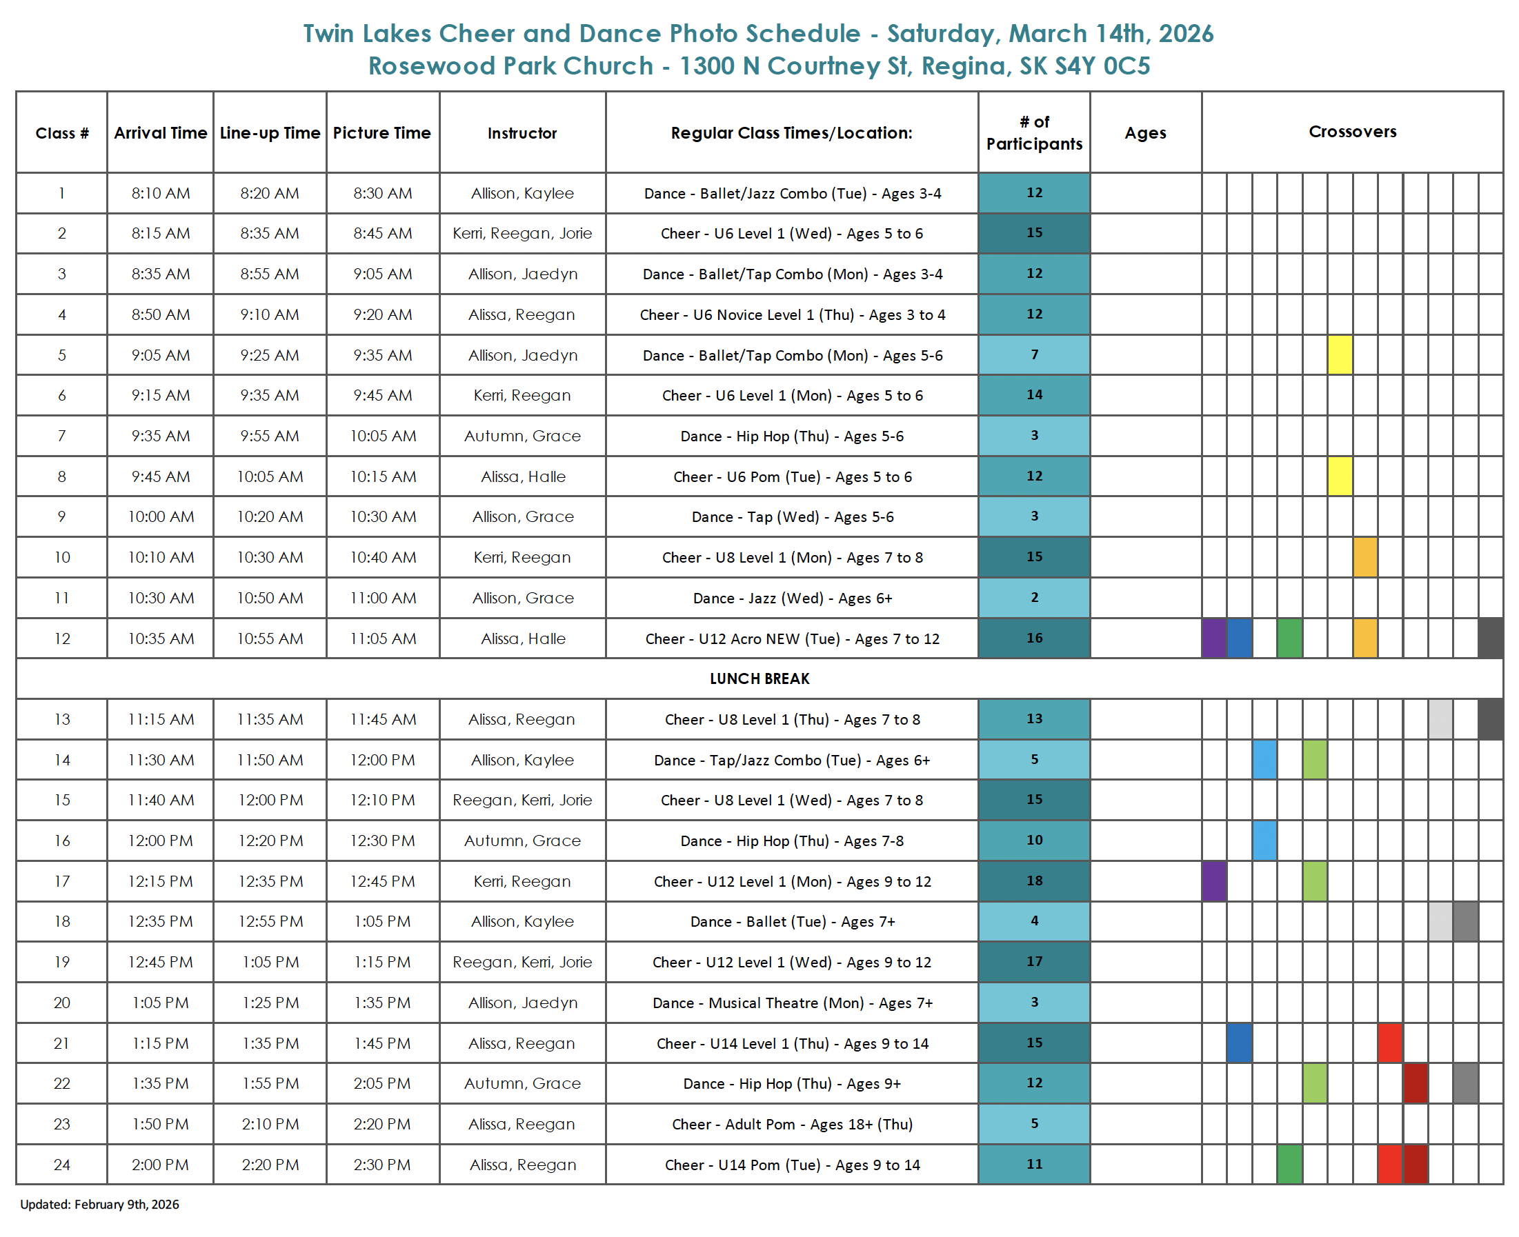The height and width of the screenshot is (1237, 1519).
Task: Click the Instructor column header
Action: click(x=522, y=133)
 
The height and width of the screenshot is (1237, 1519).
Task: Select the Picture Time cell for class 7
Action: click(x=383, y=436)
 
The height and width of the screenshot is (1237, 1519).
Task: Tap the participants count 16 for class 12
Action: click(x=1033, y=638)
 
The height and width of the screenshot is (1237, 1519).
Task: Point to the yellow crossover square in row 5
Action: click(x=1340, y=355)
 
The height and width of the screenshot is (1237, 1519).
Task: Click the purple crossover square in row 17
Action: click(x=1214, y=881)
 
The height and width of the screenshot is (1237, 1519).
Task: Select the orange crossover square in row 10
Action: click(x=1364, y=557)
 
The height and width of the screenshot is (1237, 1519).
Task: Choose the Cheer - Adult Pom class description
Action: click(x=791, y=1124)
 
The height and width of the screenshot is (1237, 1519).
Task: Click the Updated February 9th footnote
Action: click(x=100, y=1204)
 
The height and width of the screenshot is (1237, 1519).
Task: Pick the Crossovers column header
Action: click(x=1351, y=132)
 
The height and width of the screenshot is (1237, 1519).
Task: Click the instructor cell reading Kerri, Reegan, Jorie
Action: click(x=522, y=233)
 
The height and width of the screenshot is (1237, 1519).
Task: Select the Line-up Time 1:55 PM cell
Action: click(x=270, y=1083)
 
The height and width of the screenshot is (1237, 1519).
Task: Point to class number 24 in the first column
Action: click(x=62, y=1165)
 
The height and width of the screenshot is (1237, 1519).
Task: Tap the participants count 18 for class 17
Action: click(x=1033, y=881)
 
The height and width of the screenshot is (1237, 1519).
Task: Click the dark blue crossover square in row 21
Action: click(x=1239, y=1043)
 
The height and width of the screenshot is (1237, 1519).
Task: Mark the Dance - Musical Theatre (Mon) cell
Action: click(x=791, y=1003)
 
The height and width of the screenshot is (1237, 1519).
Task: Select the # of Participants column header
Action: click(x=1033, y=132)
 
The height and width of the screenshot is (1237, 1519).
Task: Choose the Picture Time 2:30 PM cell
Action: click(x=383, y=1165)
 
